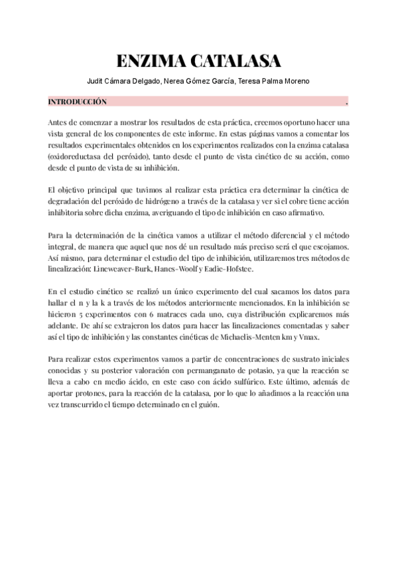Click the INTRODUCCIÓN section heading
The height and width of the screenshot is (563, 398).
(x=77, y=103)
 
